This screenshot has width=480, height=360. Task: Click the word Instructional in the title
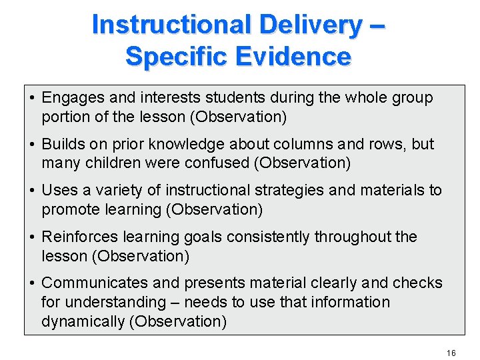[x=170, y=25]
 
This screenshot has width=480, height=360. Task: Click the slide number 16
[x=451, y=353]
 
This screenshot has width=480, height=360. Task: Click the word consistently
[x=269, y=237]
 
